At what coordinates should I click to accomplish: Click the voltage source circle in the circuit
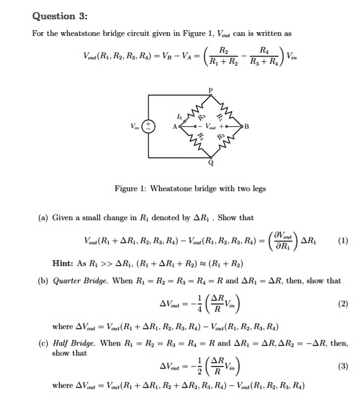pyautogui.click(x=148, y=126)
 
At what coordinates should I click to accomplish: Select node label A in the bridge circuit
pyautogui.click(x=175, y=127)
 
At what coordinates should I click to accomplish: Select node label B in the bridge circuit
pyautogui.click(x=246, y=127)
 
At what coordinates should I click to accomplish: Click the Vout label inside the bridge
pyautogui.click(x=211, y=127)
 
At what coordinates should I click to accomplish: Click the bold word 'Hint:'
pyautogui.click(x=64, y=263)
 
